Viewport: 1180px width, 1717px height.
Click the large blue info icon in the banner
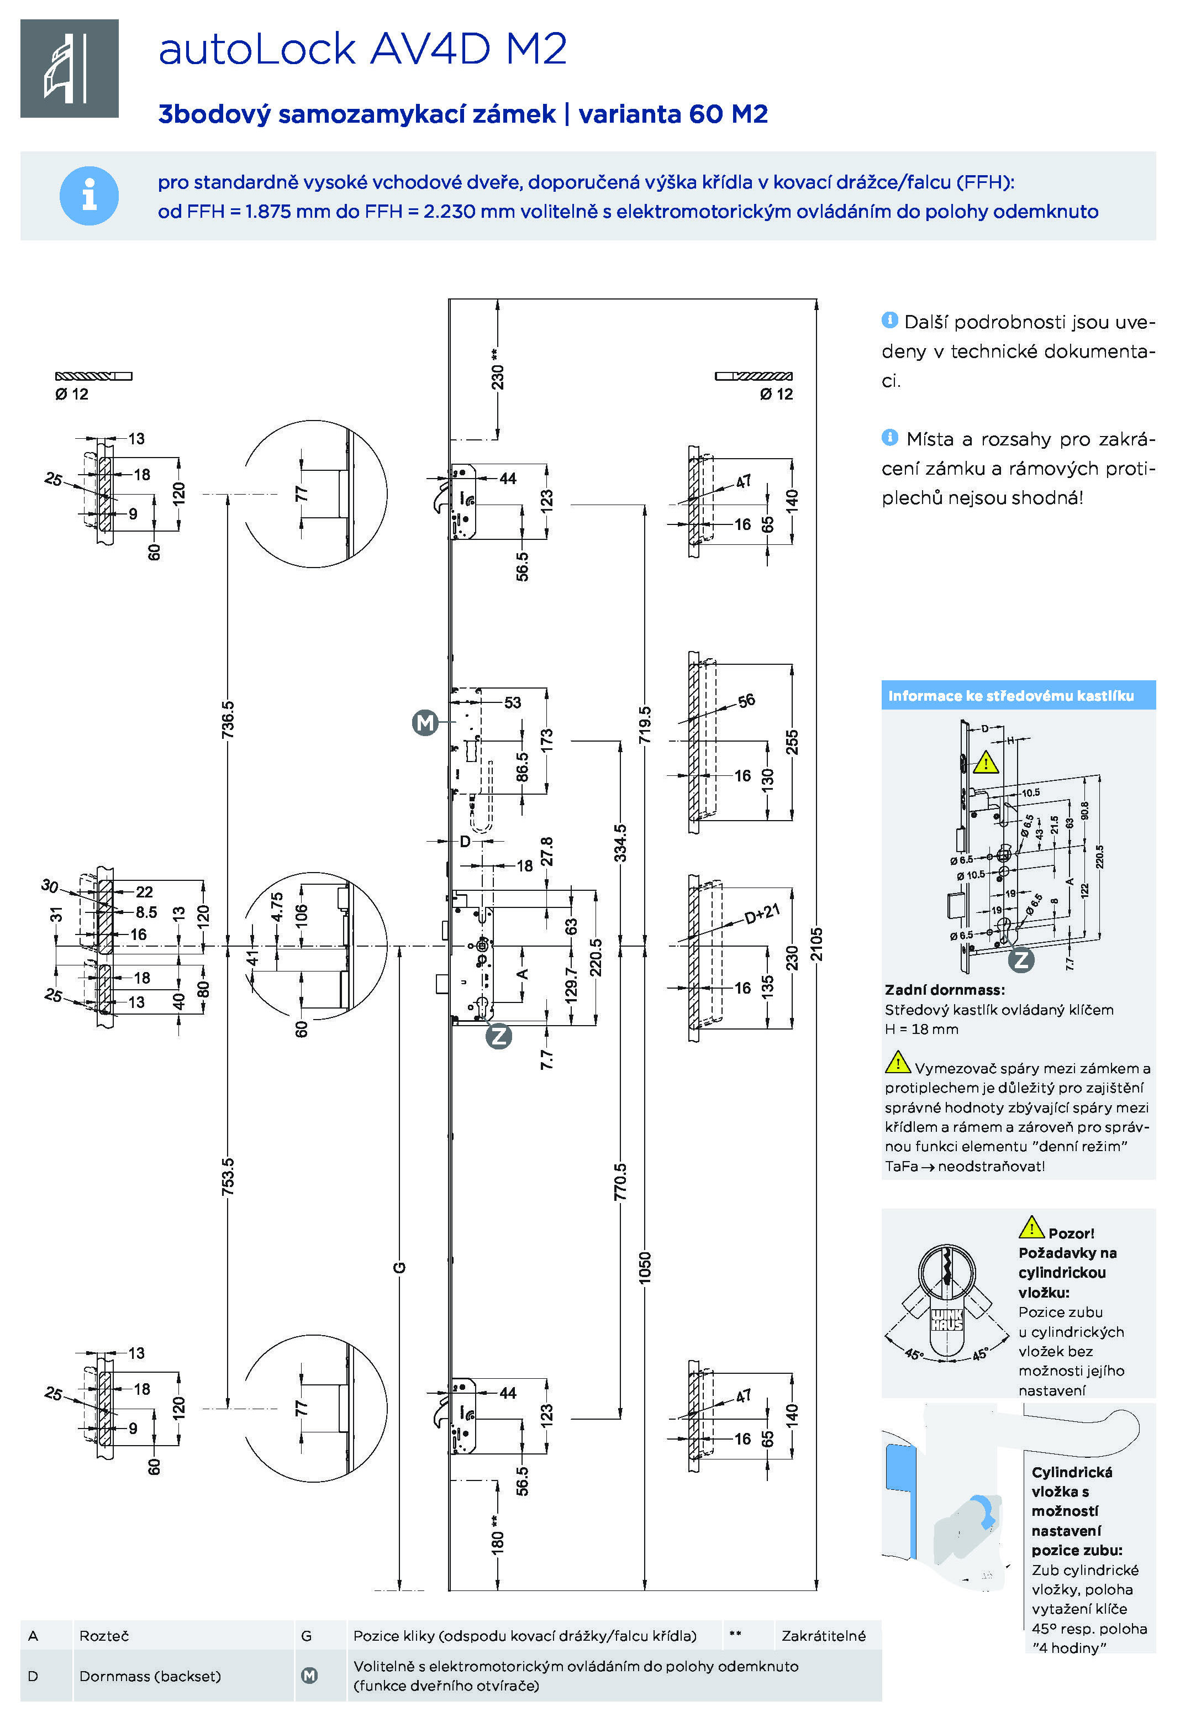click(x=89, y=196)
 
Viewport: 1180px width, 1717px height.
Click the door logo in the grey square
click(x=70, y=68)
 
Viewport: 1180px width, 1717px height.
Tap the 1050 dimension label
click(x=645, y=1267)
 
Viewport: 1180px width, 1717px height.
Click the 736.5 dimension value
click(x=228, y=720)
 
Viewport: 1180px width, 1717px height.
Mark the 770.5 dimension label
click(x=620, y=1183)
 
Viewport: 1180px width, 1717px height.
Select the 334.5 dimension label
click(x=620, y=843)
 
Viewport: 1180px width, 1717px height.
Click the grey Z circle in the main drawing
click(x=499, y=1036)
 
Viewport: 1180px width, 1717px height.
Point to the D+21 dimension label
click(x=761, y=914)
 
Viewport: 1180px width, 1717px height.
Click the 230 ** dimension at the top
click(x=498, y=370)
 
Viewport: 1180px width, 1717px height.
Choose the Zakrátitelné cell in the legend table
click(x=823, y=1636)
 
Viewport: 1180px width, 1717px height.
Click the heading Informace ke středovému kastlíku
click(x=1011, y=696)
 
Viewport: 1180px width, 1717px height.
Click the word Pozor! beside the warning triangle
click(x=1071, y=1233)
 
